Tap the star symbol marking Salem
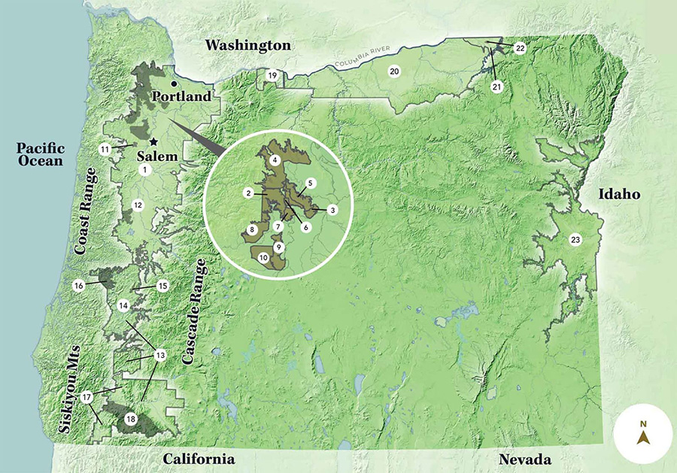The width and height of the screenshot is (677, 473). (153, 141)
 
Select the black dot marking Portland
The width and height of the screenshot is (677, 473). (174, 83)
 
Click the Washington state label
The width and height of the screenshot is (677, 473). (248, 46)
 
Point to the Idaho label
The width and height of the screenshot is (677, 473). (618, 195)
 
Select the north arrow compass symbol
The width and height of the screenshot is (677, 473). (643, 435)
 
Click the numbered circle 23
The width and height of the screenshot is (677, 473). (575, 240)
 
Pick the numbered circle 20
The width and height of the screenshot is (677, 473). (393, 71)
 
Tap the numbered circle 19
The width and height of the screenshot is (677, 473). (273, 76)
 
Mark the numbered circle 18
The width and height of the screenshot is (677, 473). (131, 419)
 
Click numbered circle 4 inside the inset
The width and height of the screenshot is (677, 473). (276, 160)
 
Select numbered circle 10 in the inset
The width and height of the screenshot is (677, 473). (263, 257)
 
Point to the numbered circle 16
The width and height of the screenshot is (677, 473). (78, 286)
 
